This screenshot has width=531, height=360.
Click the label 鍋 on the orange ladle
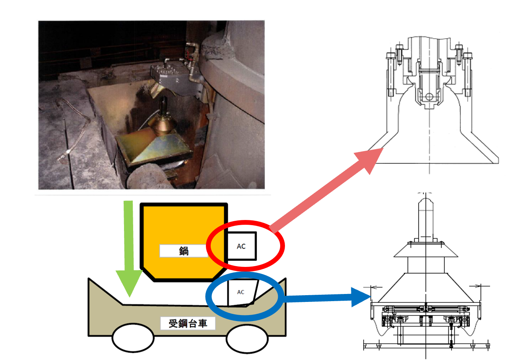[x=184, y=251]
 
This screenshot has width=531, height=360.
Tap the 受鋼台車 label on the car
[x=188, y=323]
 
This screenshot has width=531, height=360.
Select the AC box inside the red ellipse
[x=242, y=246]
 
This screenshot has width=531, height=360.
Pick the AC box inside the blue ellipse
[x=241, y=292]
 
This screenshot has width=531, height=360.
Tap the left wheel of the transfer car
[x=133, y=339]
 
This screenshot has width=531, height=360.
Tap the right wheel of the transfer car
[x=246, y=339]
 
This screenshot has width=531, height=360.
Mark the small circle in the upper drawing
[x=429, y=96]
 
